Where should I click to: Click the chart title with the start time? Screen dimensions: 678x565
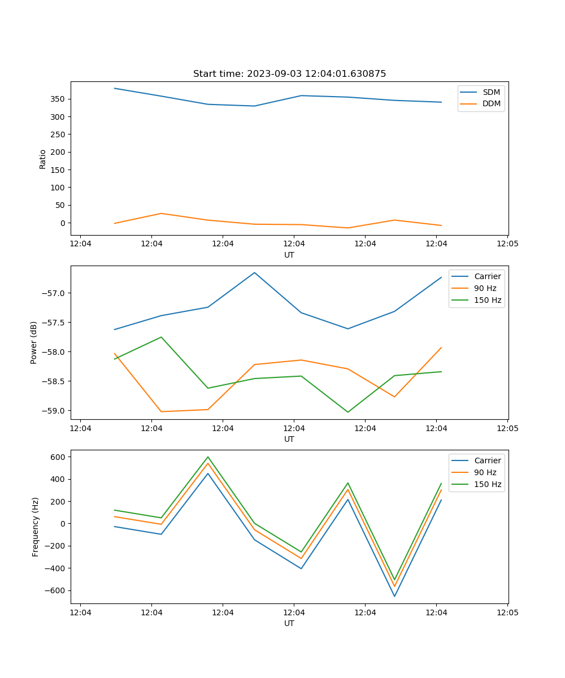(289, 74)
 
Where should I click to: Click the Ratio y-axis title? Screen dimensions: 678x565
(43, 159)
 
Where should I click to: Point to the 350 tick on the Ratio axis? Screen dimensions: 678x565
(59, 99)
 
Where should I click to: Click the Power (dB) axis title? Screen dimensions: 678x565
(34, 342)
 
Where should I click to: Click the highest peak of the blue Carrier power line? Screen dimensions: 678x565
(254, 273)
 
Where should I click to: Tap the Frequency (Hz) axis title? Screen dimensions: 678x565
(36, 527)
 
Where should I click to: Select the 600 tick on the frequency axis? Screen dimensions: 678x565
(59, 457)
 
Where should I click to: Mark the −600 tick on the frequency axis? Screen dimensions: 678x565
(56, 590)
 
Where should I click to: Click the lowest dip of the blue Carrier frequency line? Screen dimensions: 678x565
(394, 596)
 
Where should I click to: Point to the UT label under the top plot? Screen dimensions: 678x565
(289, 255)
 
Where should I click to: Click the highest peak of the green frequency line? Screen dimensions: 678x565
(208, 457)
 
